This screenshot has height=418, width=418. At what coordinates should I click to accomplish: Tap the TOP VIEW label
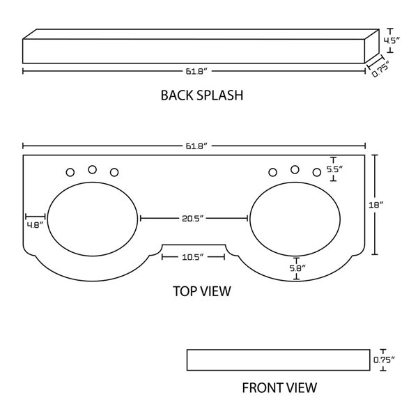click(x=201, y=291)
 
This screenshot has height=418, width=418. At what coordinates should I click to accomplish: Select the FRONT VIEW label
click(x=279, y=387)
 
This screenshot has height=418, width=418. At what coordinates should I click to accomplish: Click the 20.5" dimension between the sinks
click(x=194, y=219)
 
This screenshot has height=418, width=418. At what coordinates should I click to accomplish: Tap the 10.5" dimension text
click(x=193, y=258)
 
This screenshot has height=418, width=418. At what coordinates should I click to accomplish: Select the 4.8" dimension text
click(x=35, y=225)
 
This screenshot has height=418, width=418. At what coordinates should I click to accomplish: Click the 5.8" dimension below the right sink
click(x=297, y=268)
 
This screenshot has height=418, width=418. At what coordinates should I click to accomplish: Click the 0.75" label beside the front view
click(x=384, y=360)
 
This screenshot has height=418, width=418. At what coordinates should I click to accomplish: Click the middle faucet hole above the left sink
click(x=92, y=169)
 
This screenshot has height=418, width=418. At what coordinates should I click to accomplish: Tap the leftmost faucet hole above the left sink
click(x=70, y=172)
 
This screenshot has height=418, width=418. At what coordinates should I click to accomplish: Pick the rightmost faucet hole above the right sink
click(x=317, y=172)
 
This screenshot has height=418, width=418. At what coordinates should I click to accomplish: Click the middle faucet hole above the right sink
click(x=295, y=169)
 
